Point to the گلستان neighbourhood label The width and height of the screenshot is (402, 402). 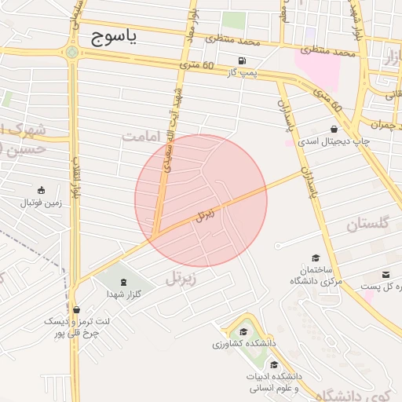tap(367, 225)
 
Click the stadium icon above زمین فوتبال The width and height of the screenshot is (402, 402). tap(40, 189)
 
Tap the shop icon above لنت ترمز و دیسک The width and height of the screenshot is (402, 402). tap(76, 309)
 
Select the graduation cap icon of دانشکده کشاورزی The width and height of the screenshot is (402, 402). tap(243, 332)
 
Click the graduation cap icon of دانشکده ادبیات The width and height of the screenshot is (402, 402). tap(273, 364)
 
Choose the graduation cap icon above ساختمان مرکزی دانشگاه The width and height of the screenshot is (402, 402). tap(316, 258)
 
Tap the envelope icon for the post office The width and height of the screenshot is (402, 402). tap(386, 274)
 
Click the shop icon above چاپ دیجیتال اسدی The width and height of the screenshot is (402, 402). tap(334, 129)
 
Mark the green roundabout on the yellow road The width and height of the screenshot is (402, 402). tap(72, 53)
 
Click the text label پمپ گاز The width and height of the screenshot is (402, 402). tap(242, 73)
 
